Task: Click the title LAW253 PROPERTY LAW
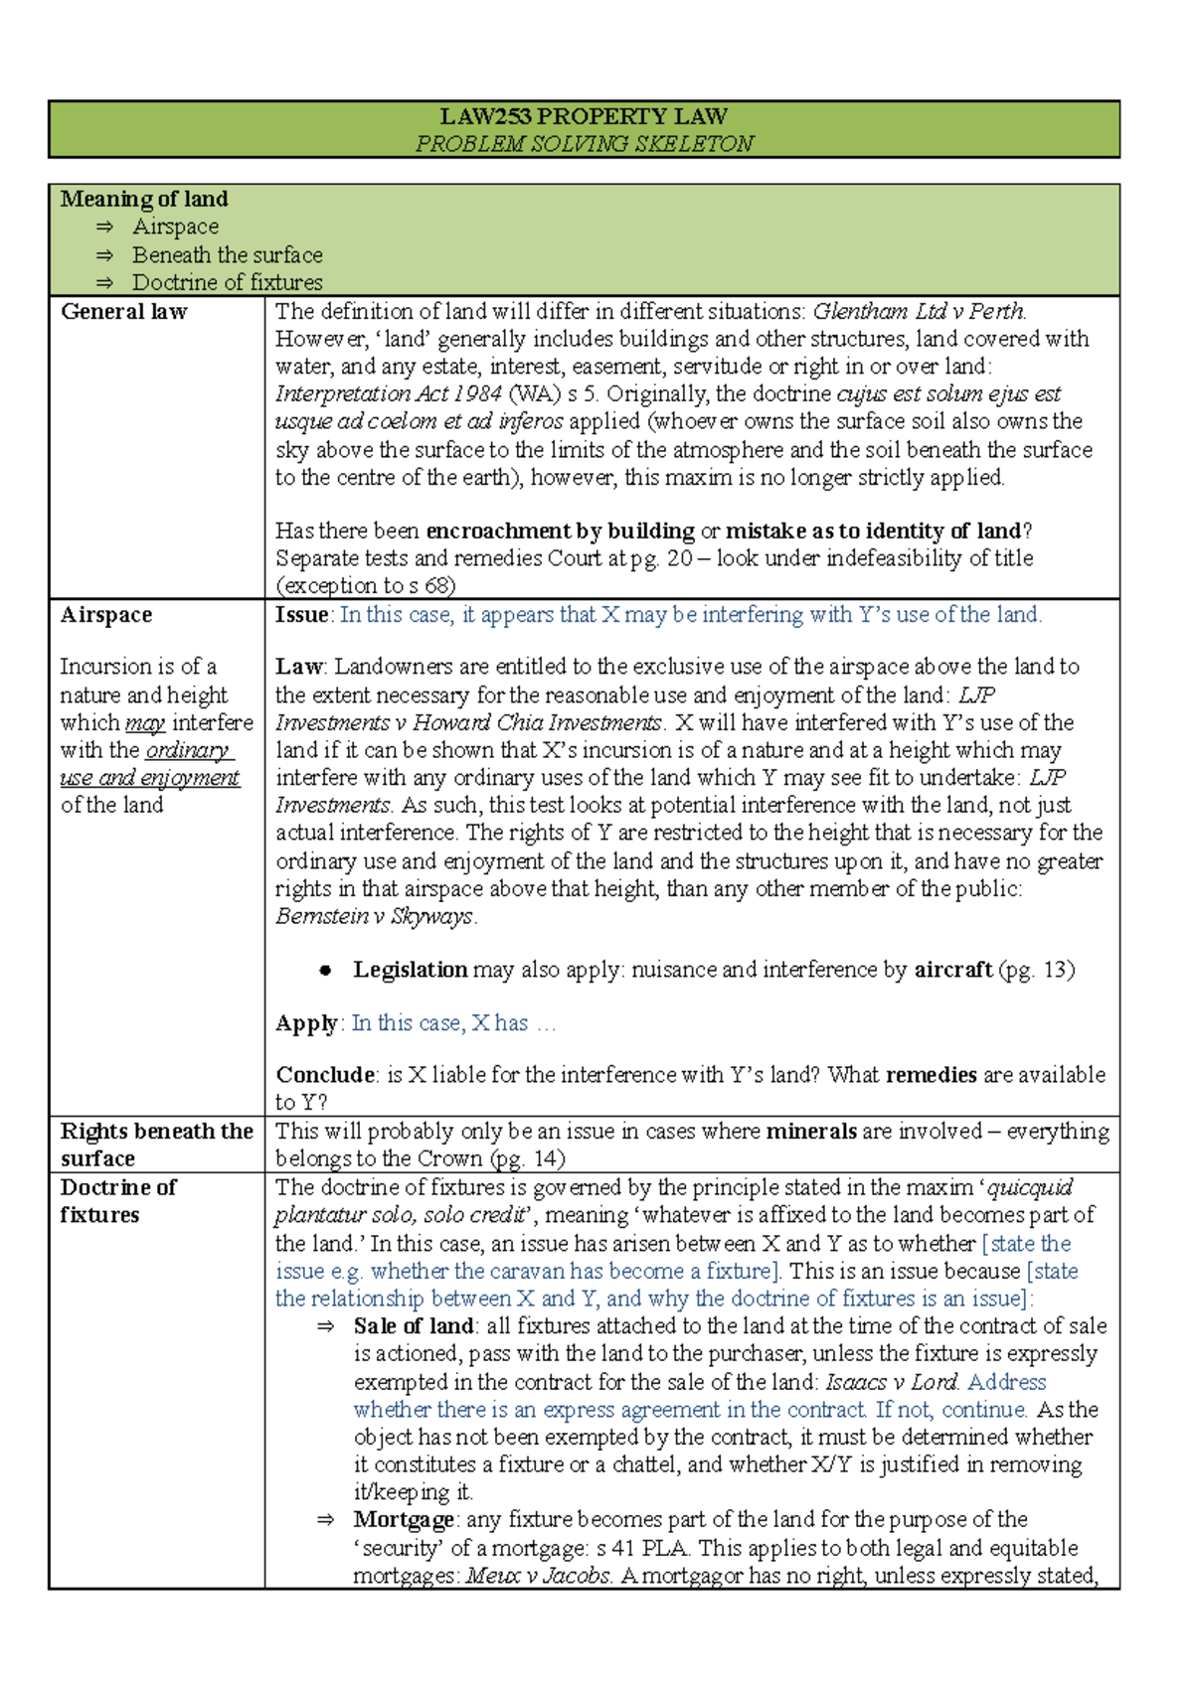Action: pyautogui.click(x=584, y=116)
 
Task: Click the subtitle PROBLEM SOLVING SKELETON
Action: pyautogui.click(x=584, y=143)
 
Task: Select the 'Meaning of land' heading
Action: pyautogui.click(x=144, y=199)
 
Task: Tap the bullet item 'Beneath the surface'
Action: pyautogui.click(x=227, y=254)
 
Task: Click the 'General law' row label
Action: pyautogui.click(x=123, y=311)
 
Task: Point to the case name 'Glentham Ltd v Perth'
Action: pyautogui.click(x=918, y=311)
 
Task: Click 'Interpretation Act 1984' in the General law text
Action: pyautogui.click(x=388, y=393)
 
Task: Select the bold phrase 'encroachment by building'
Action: pyautogui.click(x=560, y=531)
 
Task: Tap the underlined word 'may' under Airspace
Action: pyautogui.click(x=145, y=722)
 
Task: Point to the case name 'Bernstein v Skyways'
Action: pyautogui.click(x=374, y=916)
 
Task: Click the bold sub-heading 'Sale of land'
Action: pyautogui.click(x=413, y=1325)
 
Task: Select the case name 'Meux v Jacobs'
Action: pyautogui.click(x=538, y=1575)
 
